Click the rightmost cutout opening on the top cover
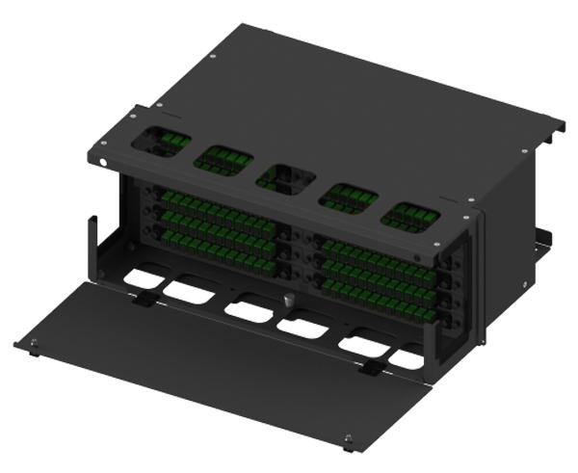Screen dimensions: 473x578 [x=409, y=217]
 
